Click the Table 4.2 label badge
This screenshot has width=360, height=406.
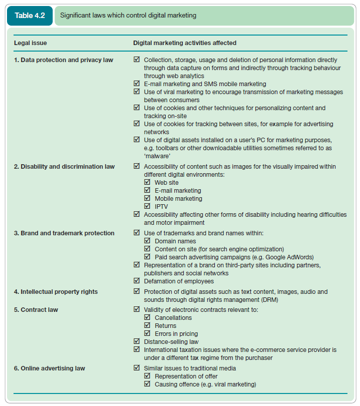(30, 16)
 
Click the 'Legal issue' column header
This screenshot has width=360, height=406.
(30, 43)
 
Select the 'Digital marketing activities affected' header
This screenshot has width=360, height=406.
(184, 43)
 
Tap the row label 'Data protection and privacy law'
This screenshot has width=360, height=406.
(63, 60)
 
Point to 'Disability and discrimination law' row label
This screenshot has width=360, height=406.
(64, 167)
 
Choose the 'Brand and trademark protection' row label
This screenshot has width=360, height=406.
(64, 233)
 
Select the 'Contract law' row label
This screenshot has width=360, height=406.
(36, 310)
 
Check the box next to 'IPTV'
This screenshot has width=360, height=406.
(147, 206)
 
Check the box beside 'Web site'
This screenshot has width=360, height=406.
(147, 183)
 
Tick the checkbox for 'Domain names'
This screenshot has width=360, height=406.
(147, 241)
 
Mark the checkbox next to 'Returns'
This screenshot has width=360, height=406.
(147, 326)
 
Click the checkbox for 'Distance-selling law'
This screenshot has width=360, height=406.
(137, 341)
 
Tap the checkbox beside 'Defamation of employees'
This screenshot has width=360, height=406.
(137, 281)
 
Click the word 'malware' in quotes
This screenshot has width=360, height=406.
(157, 156)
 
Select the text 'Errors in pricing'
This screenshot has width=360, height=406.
(176, 334)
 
